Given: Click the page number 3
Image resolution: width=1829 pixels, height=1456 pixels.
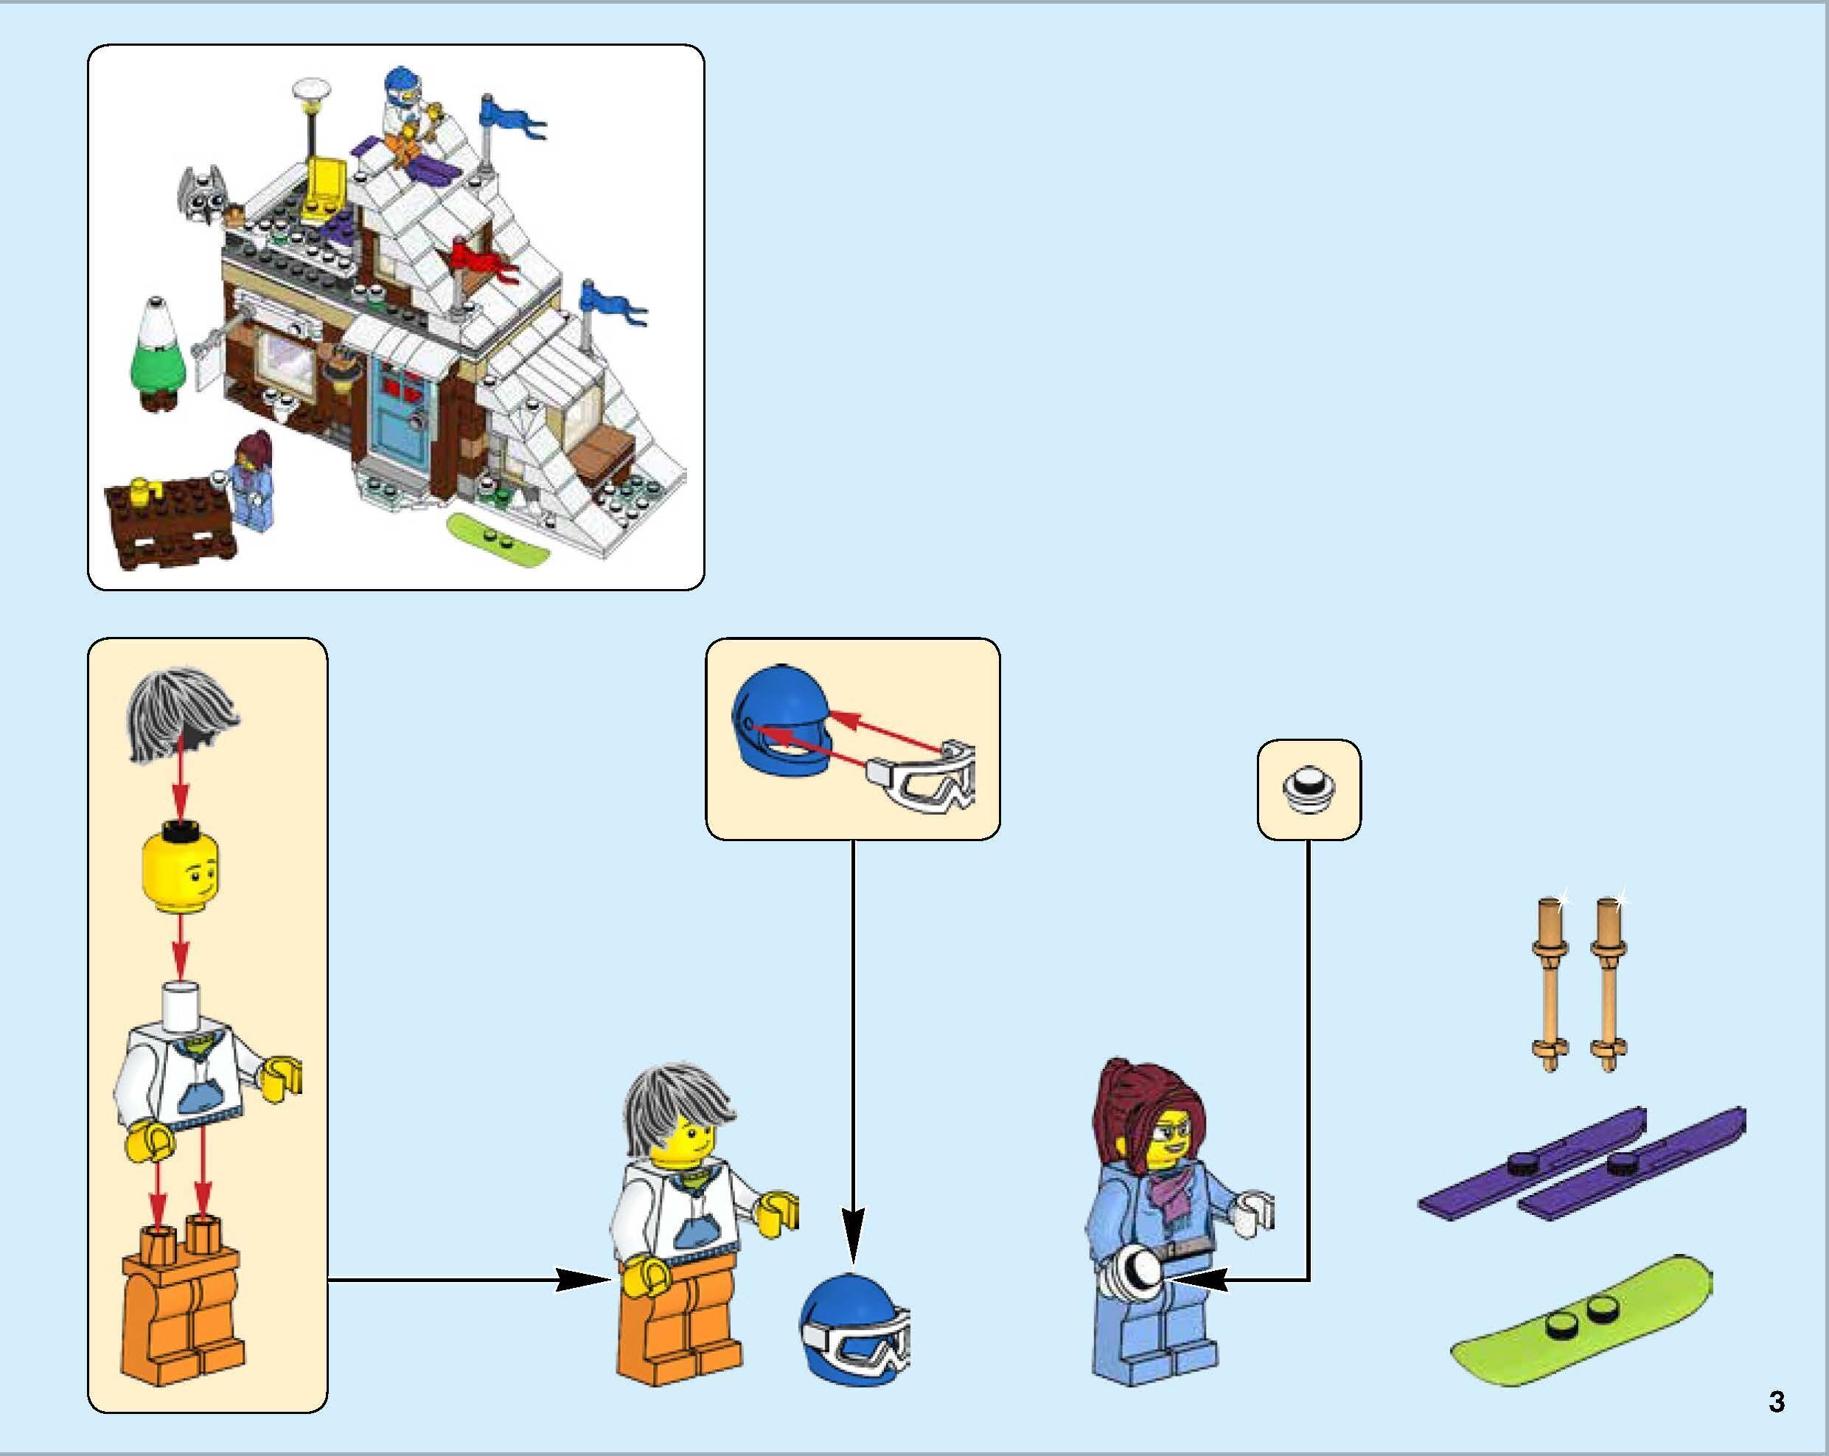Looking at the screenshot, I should (x=1777, y=1401).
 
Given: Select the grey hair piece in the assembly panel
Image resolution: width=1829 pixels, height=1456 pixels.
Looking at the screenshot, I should (x=182, y=714).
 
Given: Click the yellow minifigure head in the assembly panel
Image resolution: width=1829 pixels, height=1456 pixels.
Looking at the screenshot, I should (x=180, y=873).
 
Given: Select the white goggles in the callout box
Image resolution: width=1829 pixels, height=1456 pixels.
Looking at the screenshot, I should (x=924, y=777).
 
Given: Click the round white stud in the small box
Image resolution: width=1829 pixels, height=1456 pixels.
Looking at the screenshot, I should (x=1308, y=790).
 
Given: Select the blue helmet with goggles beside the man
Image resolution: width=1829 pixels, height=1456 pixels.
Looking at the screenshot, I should (x=852, y=1332).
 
